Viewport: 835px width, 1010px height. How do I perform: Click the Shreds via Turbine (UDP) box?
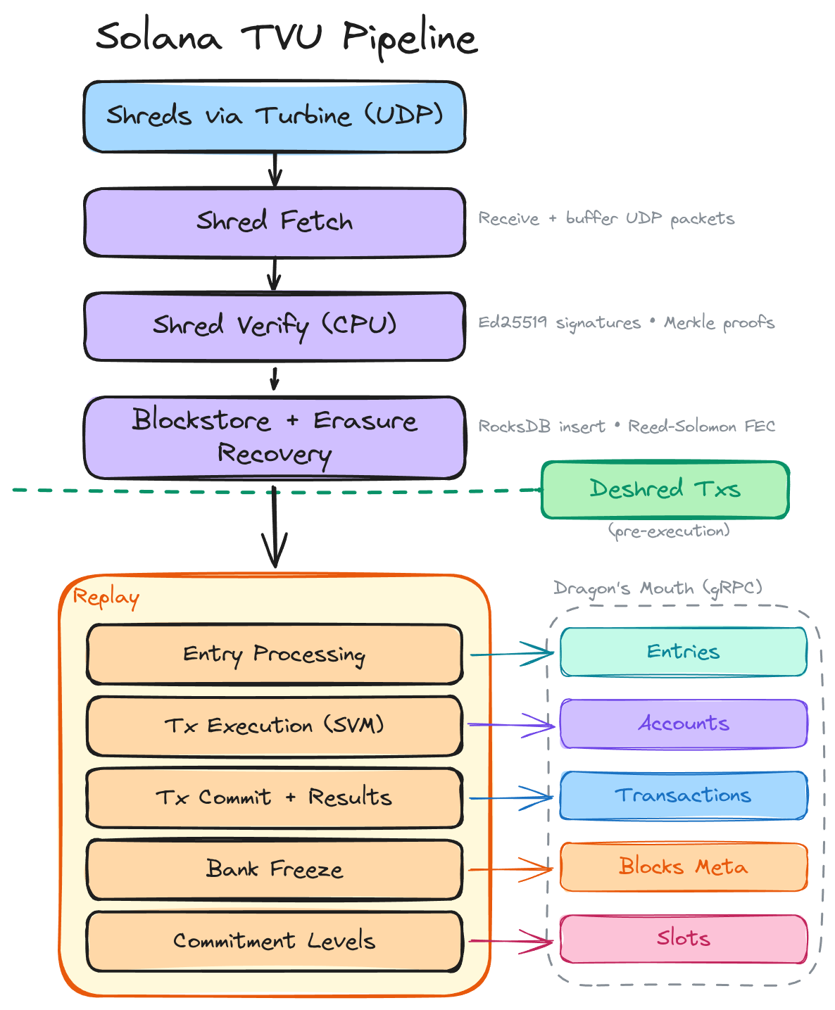(x=275, y=116)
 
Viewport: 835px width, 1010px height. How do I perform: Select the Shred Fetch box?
(x=275, y=222)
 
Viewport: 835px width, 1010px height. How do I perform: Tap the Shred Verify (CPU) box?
(x=275, y=326)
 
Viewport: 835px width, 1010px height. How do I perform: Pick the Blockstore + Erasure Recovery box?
(x=275, y=437)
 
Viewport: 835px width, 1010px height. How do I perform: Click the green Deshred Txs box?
(x=665, y=490)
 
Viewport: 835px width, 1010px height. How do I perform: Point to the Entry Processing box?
(x=275, y=655)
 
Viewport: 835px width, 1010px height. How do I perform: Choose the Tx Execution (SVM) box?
(x=275, y=726)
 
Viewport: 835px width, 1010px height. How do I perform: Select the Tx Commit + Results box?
(x=275, y=797)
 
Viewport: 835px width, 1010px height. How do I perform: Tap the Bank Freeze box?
(x=275, y=869)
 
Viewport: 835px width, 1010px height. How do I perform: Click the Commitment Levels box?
(x=275, y=941)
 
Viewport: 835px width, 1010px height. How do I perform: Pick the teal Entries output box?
(x=683, y=652)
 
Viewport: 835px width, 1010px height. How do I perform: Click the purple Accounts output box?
(x=683, y=724)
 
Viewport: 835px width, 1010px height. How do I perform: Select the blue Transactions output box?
(x=683, y=795)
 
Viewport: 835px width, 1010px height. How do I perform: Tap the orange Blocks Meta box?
(x=683, y=866)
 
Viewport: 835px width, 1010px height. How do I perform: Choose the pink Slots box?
(x=683, y=938)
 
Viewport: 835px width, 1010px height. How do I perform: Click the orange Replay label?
(x=106, y=598)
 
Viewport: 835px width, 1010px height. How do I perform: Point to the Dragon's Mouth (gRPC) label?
(x=658, y=588)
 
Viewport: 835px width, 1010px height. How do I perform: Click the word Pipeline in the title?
(x=410, y=38)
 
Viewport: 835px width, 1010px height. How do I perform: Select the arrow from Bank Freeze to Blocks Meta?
(x=510, y=869)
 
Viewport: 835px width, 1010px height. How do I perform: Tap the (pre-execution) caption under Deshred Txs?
(x=669, y=531)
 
